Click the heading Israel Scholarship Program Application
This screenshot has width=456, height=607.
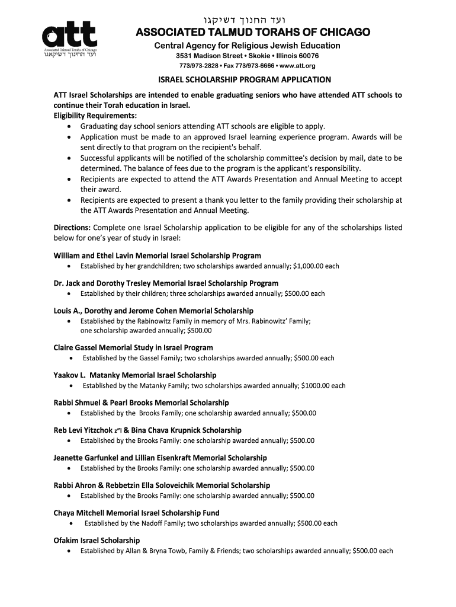244,79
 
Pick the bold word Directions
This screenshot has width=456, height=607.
72,228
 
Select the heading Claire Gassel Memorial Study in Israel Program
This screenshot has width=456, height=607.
133,347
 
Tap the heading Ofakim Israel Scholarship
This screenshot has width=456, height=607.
97,540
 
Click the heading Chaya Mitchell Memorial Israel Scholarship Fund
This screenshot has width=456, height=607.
136,513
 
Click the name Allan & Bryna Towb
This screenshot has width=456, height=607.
155,551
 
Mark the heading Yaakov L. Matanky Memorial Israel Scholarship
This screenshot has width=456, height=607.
135,375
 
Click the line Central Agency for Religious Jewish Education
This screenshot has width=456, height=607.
248,46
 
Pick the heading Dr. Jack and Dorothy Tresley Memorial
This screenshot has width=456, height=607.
166,283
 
